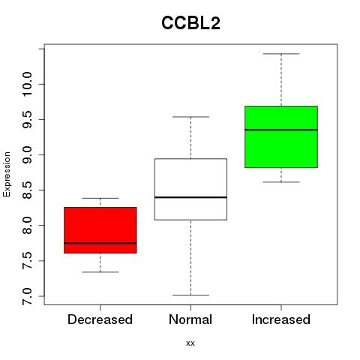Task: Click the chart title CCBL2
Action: point(190,23)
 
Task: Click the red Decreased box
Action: point(100,230)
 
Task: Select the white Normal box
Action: point(190,189)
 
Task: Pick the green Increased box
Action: point(281,136)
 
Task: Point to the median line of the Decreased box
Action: point(100,243)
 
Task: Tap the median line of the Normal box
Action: point(190,197)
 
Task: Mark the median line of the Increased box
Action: point(281,130)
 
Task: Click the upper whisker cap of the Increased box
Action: point(281,54)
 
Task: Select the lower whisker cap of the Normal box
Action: point(190,295)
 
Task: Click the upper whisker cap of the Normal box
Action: point(190,117)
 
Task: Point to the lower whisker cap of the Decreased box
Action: point(100,272)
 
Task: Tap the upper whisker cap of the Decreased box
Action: point(100,198)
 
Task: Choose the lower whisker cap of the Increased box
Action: point(281,182)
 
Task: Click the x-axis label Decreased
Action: point(100,319)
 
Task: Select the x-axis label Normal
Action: point(190,319)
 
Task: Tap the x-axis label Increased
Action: point(281,319)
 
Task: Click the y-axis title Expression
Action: point(7,174)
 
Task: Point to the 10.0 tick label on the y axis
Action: point(27,84)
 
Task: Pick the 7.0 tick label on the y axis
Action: point(27,296)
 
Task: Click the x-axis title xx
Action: point(190,343)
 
